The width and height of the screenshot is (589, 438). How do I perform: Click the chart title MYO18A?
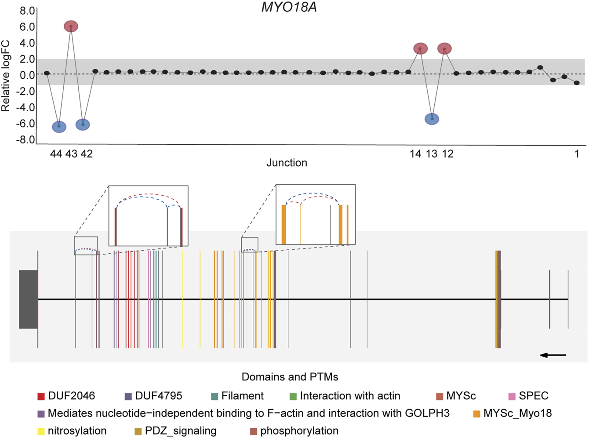289,7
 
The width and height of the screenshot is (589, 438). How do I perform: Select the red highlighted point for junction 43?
71,26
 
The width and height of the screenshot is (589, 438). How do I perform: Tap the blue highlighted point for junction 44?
59,127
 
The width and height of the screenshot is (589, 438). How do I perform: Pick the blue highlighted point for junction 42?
83,125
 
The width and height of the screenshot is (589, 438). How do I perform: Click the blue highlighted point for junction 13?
432,119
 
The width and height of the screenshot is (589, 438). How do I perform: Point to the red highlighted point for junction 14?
420,48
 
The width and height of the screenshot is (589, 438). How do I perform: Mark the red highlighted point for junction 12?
444,48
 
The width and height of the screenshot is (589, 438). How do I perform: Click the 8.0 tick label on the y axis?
27,11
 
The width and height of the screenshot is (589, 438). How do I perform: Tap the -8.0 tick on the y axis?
26,140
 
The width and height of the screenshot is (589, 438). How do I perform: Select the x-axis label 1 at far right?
577,153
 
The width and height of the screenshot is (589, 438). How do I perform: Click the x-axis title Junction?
287,163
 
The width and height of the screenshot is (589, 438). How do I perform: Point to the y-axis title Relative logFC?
6,76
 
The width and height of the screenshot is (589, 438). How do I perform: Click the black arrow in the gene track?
553,355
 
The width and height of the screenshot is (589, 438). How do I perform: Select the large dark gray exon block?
28,299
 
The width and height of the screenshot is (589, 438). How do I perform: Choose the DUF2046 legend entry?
66,396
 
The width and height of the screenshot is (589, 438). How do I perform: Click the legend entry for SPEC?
528,396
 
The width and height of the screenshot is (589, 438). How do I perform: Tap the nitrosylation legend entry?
72,431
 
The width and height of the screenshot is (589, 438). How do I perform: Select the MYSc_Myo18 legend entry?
512,413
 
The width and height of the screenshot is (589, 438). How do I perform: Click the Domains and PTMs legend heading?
290,377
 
